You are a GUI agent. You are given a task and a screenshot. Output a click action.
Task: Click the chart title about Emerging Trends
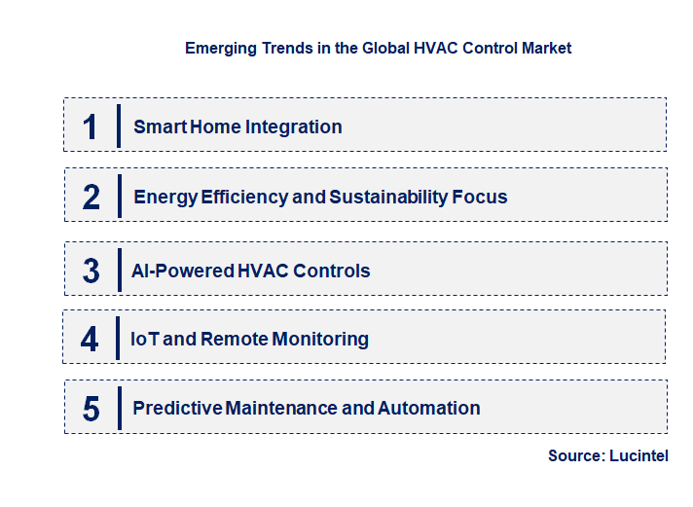click(378, 48)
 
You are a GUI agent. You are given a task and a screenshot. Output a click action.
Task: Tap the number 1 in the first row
click(91, 127)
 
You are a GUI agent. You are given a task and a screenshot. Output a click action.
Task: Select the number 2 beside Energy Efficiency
click(91, 198)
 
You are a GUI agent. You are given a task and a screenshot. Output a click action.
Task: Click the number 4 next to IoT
click(91, 340)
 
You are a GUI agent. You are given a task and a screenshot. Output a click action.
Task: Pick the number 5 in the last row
click(91, 409)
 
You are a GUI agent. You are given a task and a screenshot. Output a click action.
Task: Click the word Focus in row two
click(480, 198)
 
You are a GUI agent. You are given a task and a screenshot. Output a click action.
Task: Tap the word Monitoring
click(319, 340)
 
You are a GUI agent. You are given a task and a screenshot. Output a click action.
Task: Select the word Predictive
click(177, 409)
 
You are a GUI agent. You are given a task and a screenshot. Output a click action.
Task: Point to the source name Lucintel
click(638, 456)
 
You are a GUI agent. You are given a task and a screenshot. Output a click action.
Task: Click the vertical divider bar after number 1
click(118, 126)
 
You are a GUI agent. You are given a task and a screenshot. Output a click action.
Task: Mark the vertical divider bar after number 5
click(118, 407)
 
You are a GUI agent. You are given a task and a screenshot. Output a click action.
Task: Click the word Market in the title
click(547, 48)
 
